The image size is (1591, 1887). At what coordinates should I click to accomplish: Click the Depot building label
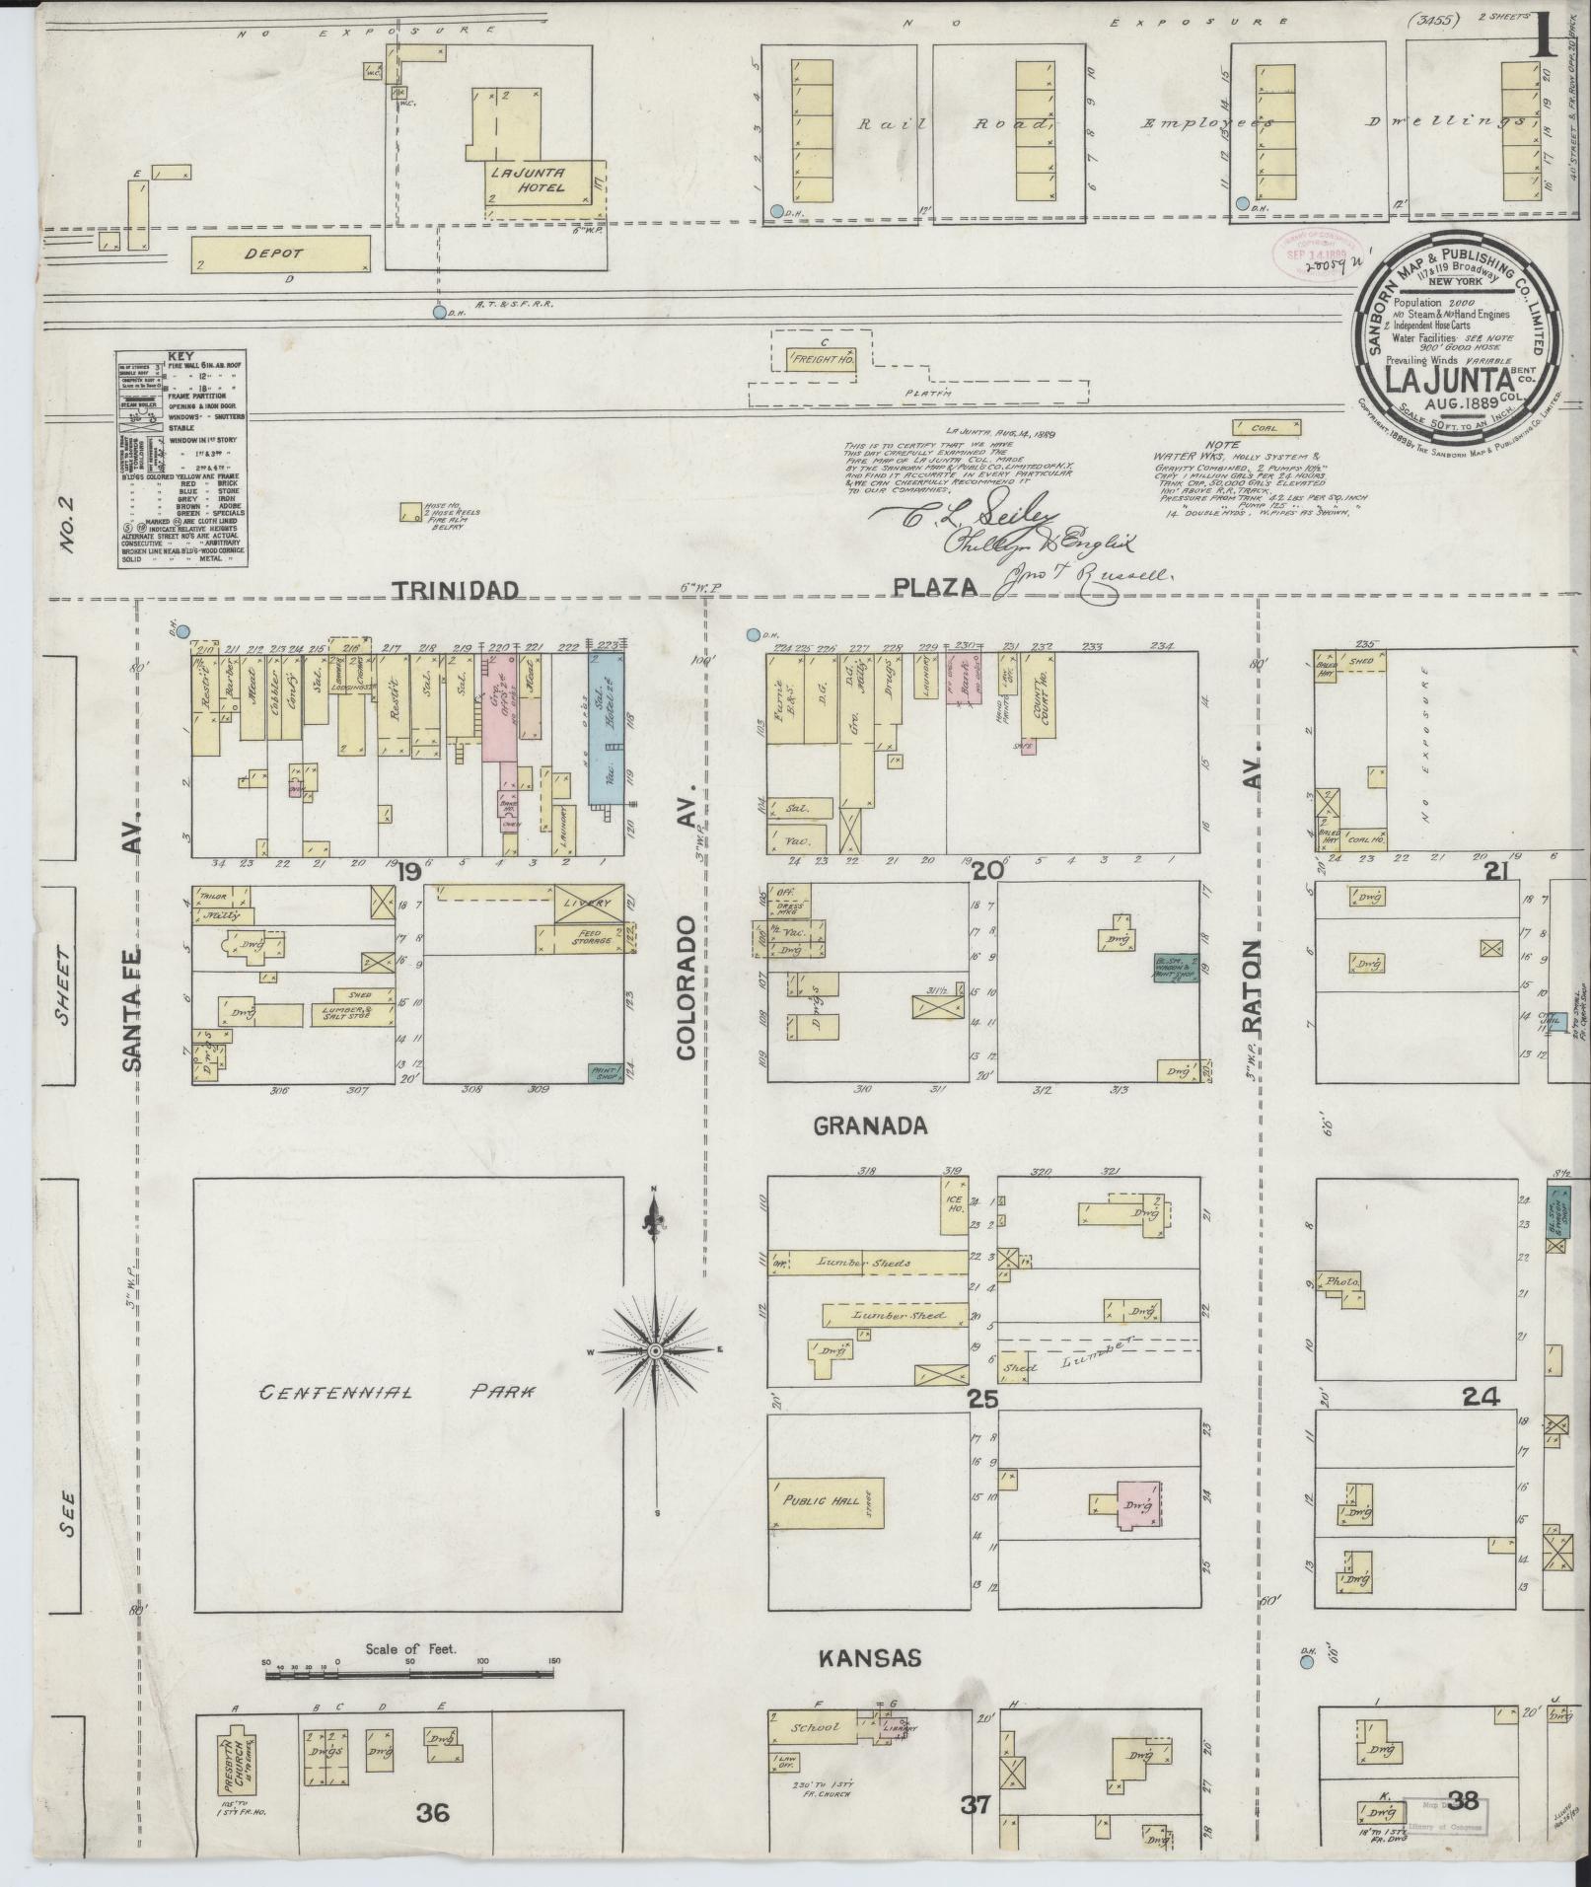pos(275,254)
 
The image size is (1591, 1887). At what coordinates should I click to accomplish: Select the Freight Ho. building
pos(822,361)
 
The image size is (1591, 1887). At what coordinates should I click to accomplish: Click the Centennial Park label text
pos(397,1392)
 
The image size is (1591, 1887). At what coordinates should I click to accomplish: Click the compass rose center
pos(654,1349)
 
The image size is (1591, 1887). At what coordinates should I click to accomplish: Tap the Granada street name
pos(871,1125)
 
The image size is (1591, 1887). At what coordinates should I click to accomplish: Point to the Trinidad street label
pos(456,590)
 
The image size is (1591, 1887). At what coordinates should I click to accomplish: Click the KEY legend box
pos(181,458)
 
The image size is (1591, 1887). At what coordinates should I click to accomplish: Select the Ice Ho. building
pos(954,1205)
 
